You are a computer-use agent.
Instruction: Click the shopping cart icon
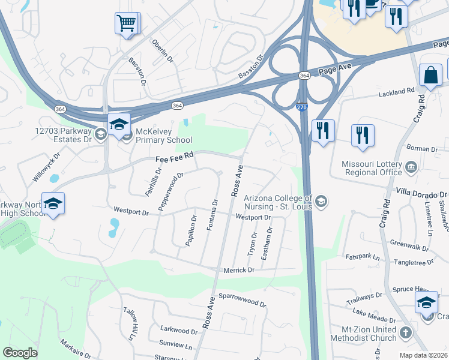click(126, 23)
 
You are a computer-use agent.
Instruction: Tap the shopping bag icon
click(430, 75)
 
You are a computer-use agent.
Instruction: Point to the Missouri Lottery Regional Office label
click(371, 168)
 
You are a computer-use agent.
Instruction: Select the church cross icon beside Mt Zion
click(406, 332)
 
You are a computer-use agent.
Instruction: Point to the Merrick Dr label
click(239, 271)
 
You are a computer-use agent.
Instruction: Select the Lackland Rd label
click(397, 92)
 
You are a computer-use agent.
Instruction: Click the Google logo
click(20, 353)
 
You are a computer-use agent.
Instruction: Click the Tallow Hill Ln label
click(131, 324)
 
